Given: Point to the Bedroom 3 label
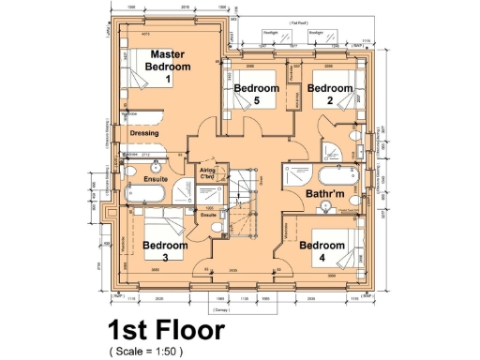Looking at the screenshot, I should click(164, 250).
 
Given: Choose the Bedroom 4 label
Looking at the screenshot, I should click(322, 250).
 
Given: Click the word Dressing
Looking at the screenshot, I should click(143, 134).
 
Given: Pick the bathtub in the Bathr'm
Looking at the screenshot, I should click(337, 177).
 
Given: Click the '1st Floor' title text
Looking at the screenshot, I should click(165, 331).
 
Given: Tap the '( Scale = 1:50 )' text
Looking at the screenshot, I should click(146, 351).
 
